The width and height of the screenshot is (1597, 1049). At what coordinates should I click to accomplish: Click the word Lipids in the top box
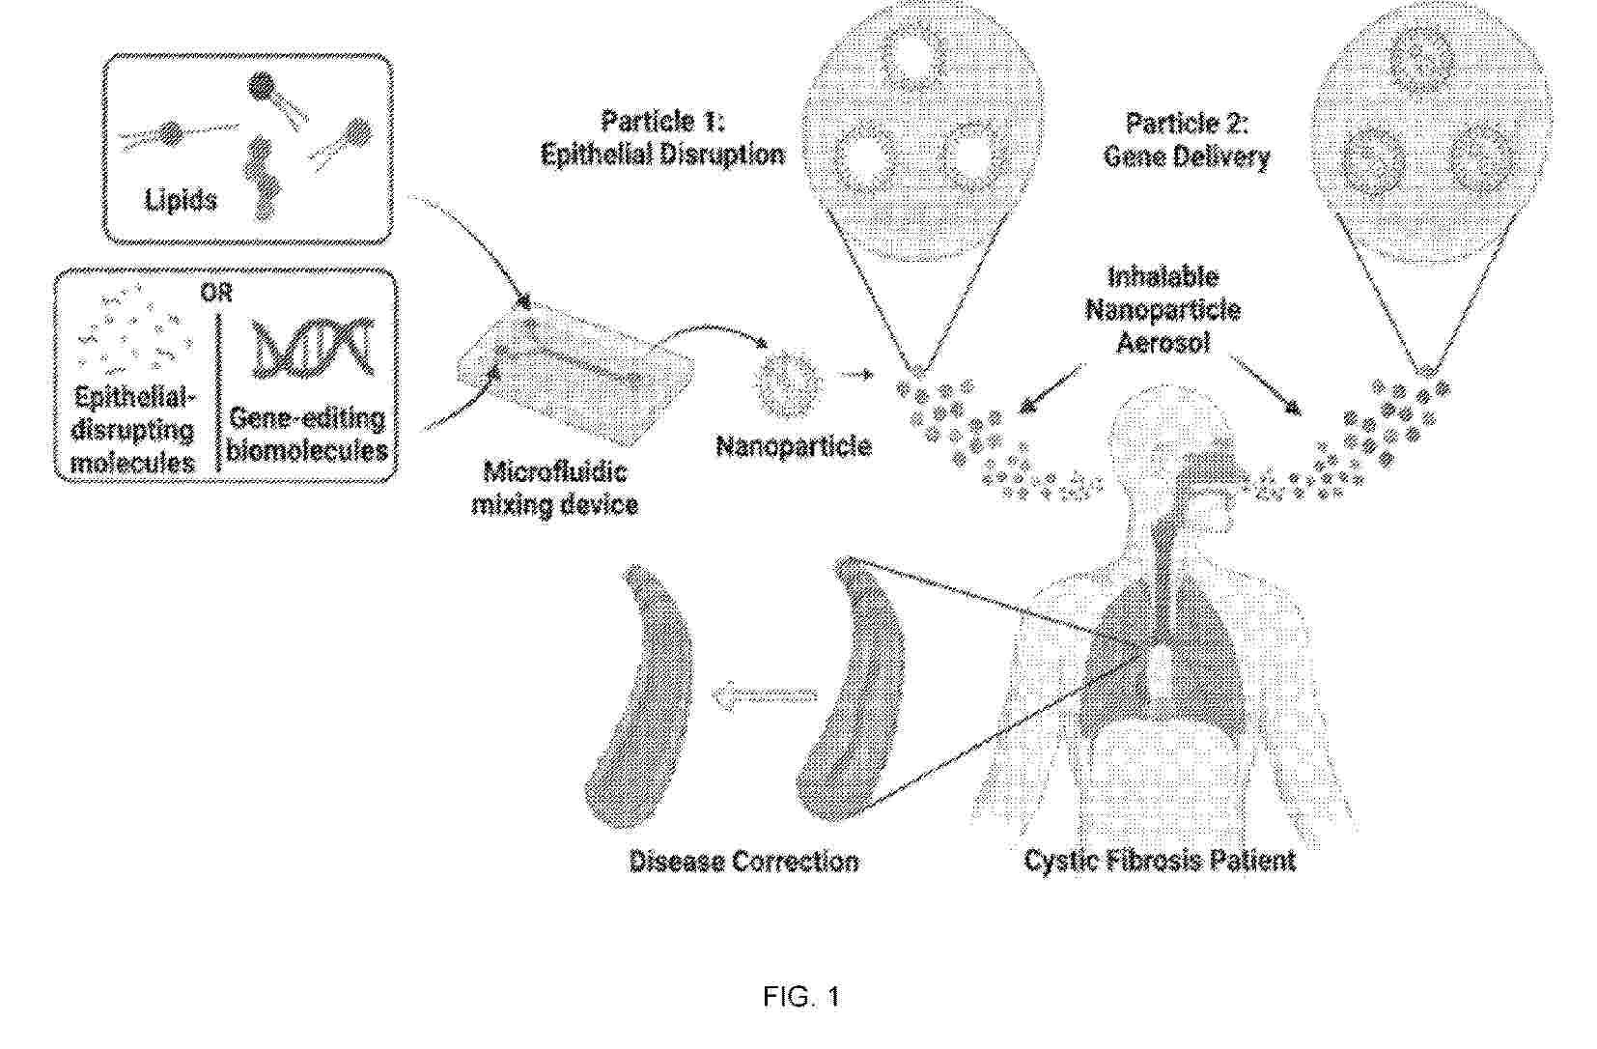click(181, 200)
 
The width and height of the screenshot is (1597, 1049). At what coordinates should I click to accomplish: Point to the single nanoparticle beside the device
click(789, 385)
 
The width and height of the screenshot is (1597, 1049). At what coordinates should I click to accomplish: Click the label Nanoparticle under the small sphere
click(793, 446)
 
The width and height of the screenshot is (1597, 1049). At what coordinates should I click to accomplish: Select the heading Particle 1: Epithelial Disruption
click(662, 137)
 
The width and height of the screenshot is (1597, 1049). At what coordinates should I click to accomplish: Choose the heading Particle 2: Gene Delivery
click(1187, 140)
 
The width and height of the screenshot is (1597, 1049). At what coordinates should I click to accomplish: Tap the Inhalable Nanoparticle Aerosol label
click(1163, 310)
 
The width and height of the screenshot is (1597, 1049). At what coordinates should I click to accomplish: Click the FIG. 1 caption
click(801, 996)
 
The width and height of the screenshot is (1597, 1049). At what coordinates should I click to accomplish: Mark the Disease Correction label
click(743, 863)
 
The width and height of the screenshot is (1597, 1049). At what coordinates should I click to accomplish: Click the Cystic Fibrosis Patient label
click(1160, 861)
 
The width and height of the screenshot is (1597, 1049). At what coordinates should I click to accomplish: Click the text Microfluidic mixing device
click(554, 489)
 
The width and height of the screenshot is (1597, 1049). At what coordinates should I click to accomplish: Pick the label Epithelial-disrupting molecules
click(133, 431)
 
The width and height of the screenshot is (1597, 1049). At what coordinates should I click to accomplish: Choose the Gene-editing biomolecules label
click(307, 435)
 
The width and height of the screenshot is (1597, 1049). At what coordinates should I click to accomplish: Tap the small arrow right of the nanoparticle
click(855, 374)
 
